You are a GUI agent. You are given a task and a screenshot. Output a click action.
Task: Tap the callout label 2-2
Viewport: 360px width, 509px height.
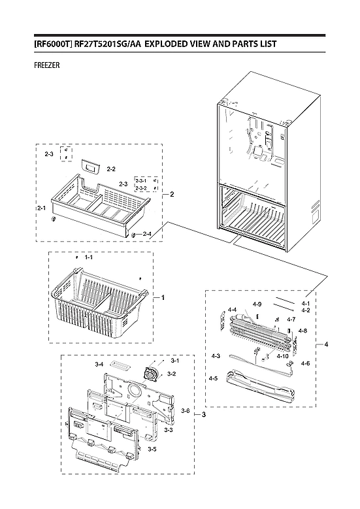pyautogui.click(x=111, y=169)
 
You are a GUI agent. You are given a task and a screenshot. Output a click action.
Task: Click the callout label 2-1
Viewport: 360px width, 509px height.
pyautogui.click(x=42, y=208)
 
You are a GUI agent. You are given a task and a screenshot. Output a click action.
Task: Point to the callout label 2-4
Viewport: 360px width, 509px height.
pyautogui.click(x=147, y=233)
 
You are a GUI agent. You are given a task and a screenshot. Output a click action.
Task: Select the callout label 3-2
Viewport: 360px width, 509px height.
pyautogui.click(x=171, y=374)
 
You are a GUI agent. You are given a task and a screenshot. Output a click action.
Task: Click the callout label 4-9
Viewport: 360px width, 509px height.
pyautogui.click(x=257, y=304)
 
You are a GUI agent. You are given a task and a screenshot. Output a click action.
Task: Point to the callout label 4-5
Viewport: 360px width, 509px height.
pyautogui.click(x=213, y=378)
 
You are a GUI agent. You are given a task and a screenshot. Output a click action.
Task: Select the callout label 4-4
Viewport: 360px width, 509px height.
pyautogui.click(x=232, y=310)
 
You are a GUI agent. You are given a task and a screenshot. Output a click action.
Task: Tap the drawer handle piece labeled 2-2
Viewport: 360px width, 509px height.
pyautogui.click(x=90, y=168)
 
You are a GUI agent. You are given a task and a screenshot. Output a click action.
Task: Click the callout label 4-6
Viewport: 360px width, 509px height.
pyautogui.click(x=304, y=363)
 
